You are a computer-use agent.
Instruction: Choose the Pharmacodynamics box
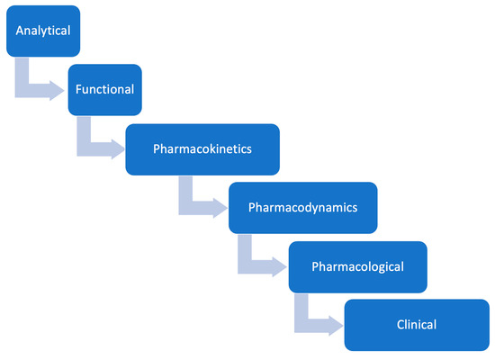click(x=303, y=207)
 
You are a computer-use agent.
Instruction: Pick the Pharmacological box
click(x=357, y=266)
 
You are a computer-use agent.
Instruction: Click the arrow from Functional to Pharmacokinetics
click(x=95, y=144)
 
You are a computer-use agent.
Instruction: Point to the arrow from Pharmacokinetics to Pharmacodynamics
click(x=198, y=203)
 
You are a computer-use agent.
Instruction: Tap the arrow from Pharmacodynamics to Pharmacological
click(x=257, y=263)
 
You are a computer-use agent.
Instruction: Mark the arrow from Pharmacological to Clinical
click(x=315, y=320)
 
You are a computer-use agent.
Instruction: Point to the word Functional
click(x=105, y=90)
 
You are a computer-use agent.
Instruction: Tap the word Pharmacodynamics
click(x=303, y=207)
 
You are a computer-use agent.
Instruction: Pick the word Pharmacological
click(x=357, y=266)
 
